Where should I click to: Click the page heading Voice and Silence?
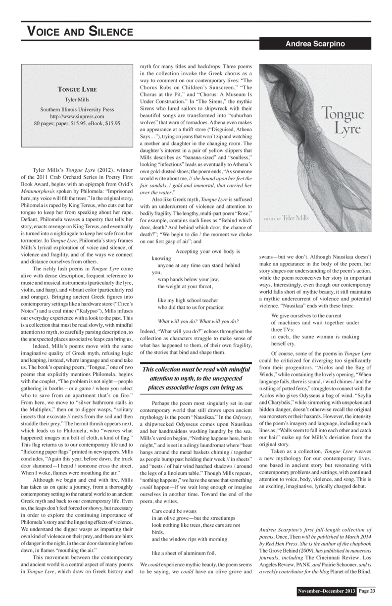[x=80, y=33]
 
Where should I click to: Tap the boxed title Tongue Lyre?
[x=77, y=90]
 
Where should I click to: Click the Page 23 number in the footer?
[x=367, y=591]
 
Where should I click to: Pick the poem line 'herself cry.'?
[x=284, y=343]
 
